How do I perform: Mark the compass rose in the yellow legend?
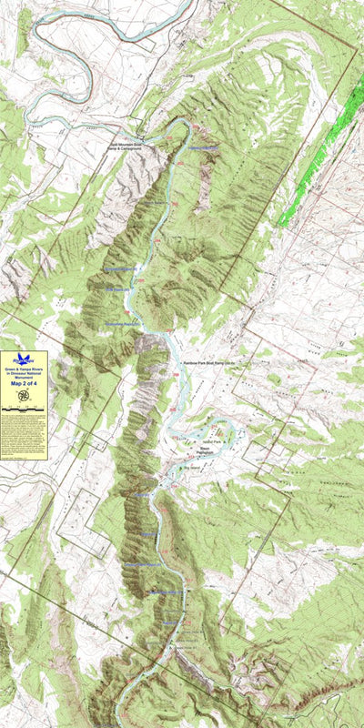24,406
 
